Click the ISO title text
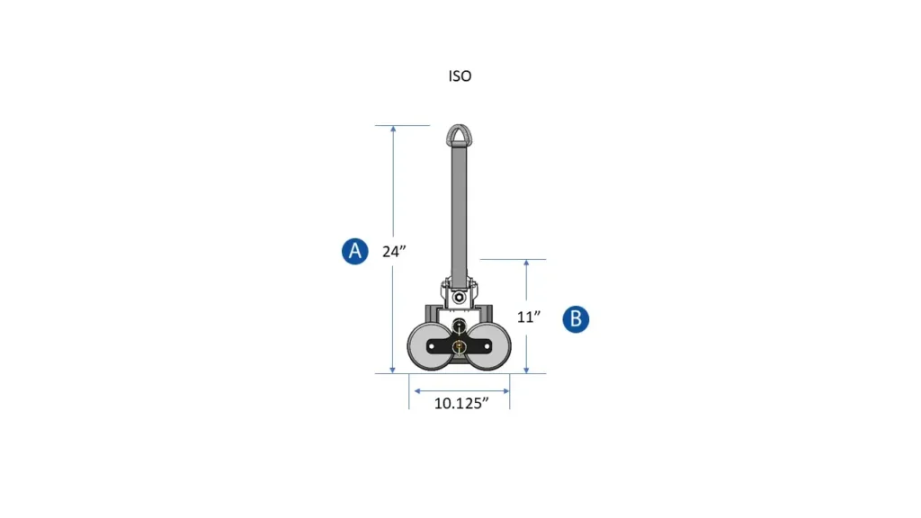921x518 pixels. click(x=460, y=76)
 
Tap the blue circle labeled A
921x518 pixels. click(x=355, y=251)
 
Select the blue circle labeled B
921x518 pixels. click(x=577, y=318)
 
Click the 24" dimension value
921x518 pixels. click(x=395, y=252)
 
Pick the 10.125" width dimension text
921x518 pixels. click(x=460, y=403)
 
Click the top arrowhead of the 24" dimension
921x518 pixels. click(x=393, y=130)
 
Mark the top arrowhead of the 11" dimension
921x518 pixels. click(x=526, y=263)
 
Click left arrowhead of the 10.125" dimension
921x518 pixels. click(x=415, y=390)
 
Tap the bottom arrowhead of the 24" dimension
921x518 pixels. click(x=393, y=369)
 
